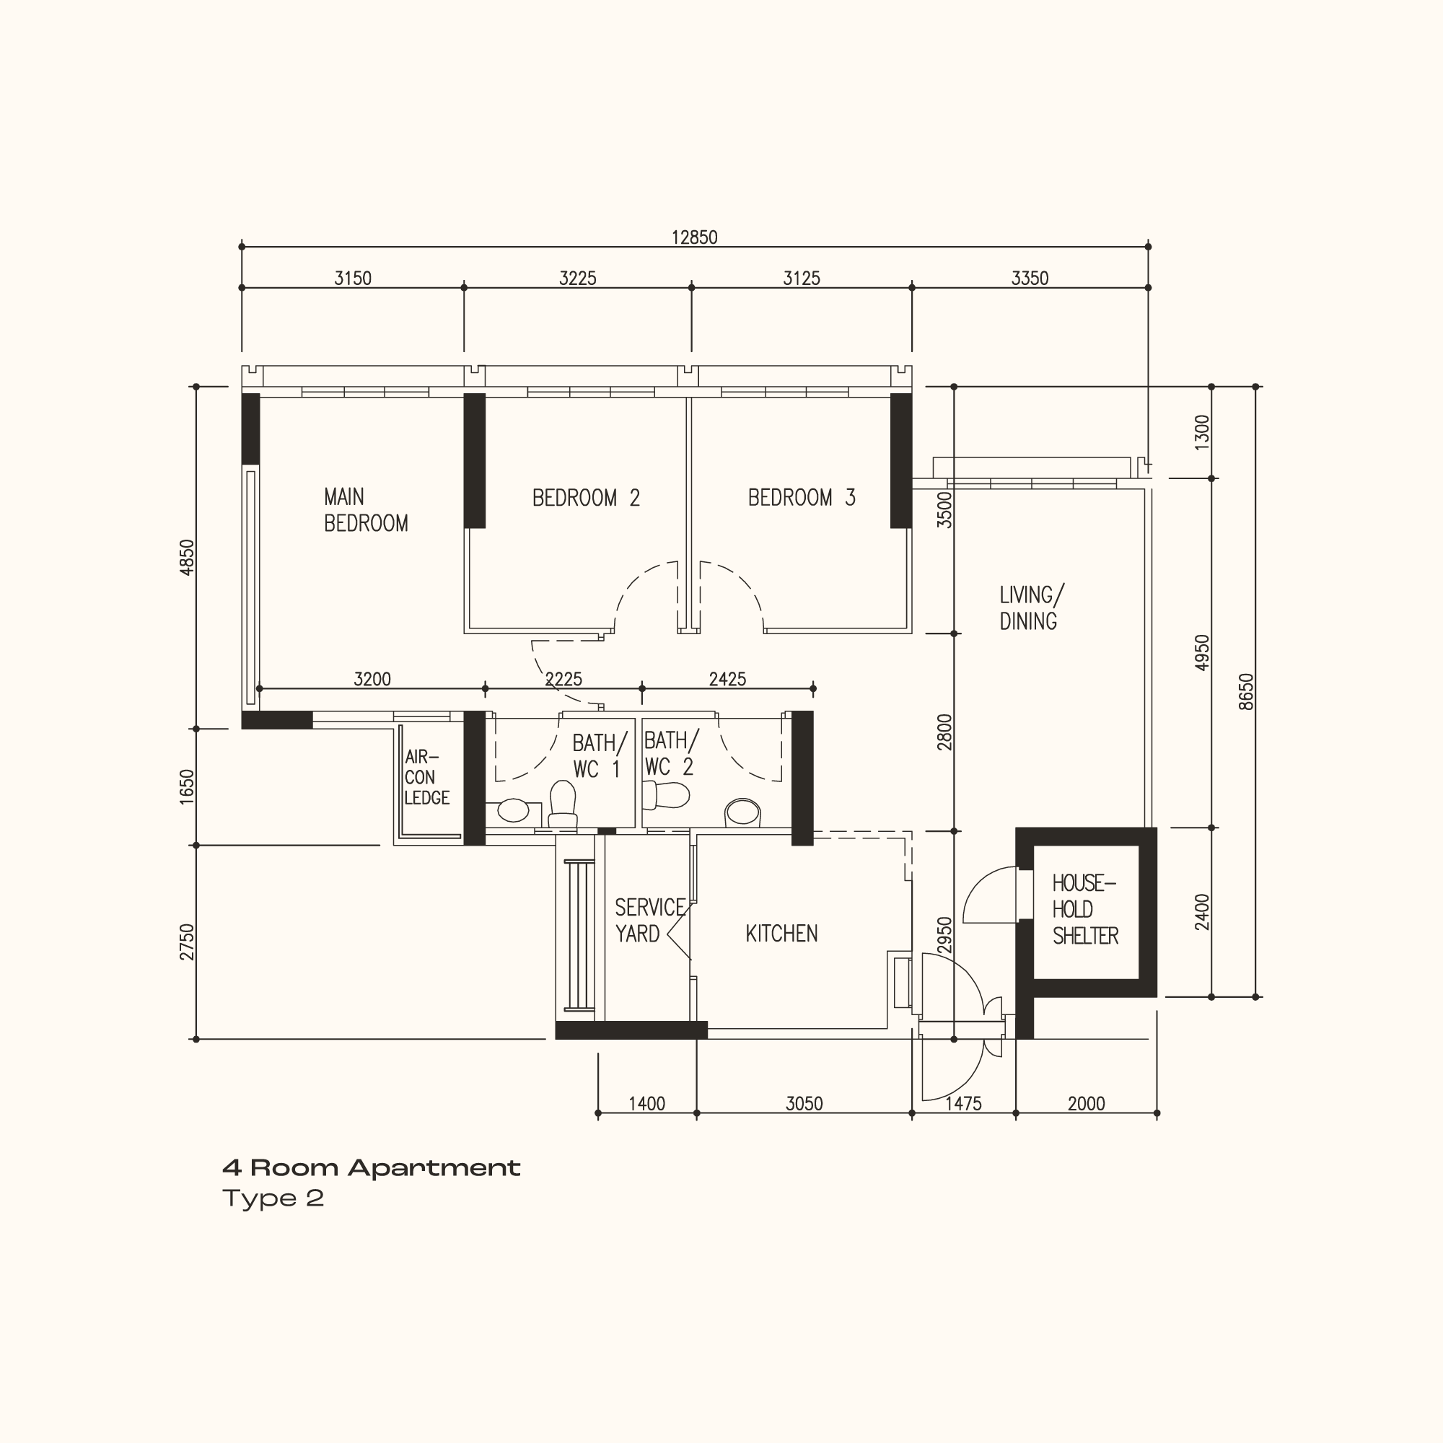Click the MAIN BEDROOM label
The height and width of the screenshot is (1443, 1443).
(x=366, y=510)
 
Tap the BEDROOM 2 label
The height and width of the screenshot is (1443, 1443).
(x=587, y=498)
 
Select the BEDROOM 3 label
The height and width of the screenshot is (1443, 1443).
(x=802, y=497)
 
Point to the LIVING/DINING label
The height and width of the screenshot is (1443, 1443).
(x=1032, y=608)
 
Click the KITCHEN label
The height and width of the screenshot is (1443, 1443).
(x=781, y=934)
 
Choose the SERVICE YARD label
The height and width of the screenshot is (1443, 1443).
(x=650, y=921)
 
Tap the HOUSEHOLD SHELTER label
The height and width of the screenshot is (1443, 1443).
(x=1085, y=910)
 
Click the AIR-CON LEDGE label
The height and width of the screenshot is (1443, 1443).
(x=426, y=778)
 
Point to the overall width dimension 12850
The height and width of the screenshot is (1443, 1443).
(x=695, y=237)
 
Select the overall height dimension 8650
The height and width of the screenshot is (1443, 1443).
(x=1246, y=692)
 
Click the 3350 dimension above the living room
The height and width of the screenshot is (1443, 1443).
(x=1030, y=278)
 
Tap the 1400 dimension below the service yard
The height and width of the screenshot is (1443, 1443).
(x=646, y=1104)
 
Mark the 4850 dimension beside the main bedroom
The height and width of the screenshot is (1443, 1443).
(x=187, y=557)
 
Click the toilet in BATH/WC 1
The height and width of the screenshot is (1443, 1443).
(x=563, y=804)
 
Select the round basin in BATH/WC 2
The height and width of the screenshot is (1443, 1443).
(x=742, y=812)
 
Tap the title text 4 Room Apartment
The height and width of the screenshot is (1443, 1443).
(x=371, y=1168)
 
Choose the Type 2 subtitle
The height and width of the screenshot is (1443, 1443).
(x=273, y=1198)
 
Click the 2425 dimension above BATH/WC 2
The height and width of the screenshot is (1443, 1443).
(x=727, y=679)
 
